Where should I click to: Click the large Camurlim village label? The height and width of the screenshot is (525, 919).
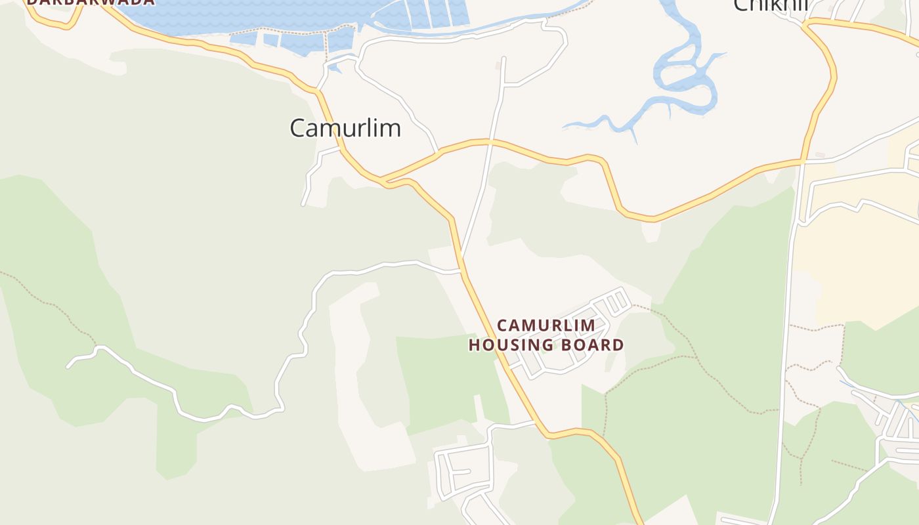click(x=345, y=128)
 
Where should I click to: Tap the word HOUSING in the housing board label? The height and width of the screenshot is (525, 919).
click(x=513, y=345)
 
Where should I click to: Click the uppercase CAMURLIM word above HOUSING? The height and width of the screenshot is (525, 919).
click(x=546, y=325)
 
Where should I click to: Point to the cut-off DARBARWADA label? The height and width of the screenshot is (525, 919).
click(x=91, y=3)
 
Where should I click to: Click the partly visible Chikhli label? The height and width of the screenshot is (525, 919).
click(x=770, y=5)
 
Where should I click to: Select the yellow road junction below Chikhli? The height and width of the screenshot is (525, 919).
click(x=803, y=160)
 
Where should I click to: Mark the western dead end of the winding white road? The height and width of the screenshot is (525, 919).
click(x=68, y=366)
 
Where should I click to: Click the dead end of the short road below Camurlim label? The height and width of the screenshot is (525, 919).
click(x=303, y=205)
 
